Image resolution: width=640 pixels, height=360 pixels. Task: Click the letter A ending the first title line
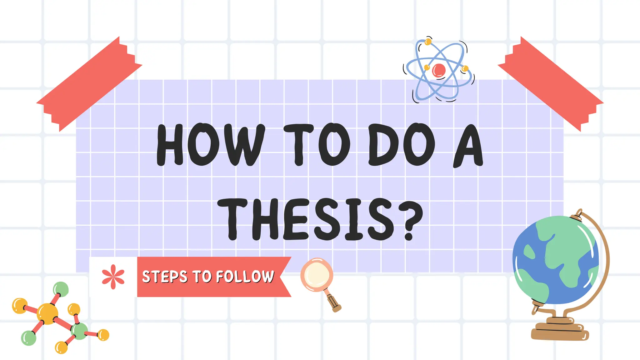468,145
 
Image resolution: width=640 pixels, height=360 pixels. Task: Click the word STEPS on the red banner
165,277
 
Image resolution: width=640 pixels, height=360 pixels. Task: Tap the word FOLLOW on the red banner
245,277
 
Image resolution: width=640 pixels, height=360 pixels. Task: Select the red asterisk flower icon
113,277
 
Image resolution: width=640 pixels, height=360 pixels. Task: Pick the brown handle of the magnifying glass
334,302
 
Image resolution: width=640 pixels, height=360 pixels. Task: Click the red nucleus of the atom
438,70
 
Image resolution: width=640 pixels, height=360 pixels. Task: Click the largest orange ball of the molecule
47,313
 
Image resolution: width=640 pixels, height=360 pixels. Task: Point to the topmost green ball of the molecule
61,289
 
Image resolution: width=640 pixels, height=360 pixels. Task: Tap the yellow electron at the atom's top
428,42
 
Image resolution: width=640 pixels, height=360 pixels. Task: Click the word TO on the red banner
202,277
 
